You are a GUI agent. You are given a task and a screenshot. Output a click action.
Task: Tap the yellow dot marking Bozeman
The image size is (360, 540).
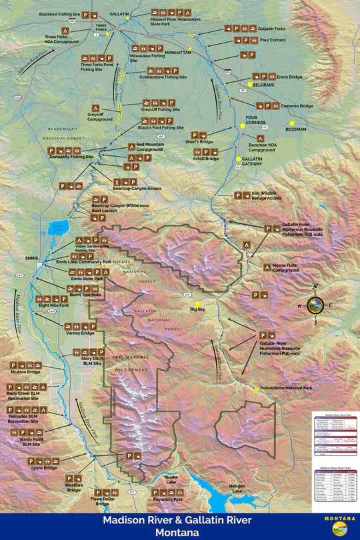click(x=291, y=123)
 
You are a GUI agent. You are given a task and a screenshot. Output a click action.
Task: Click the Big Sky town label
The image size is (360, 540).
click(x=197, y=310)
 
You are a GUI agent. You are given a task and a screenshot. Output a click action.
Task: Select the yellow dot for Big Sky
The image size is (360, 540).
click(x=197, y=304)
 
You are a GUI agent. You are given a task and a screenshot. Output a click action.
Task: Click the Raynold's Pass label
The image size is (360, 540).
click(x=167, y=499)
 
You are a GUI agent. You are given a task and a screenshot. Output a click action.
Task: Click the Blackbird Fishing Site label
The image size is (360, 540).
click(x=59, y=14)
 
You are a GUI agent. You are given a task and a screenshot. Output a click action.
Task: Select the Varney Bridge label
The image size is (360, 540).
click(x=79, y=333)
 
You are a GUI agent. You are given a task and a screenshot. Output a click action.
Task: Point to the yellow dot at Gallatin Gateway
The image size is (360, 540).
click(x=238, y=159)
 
